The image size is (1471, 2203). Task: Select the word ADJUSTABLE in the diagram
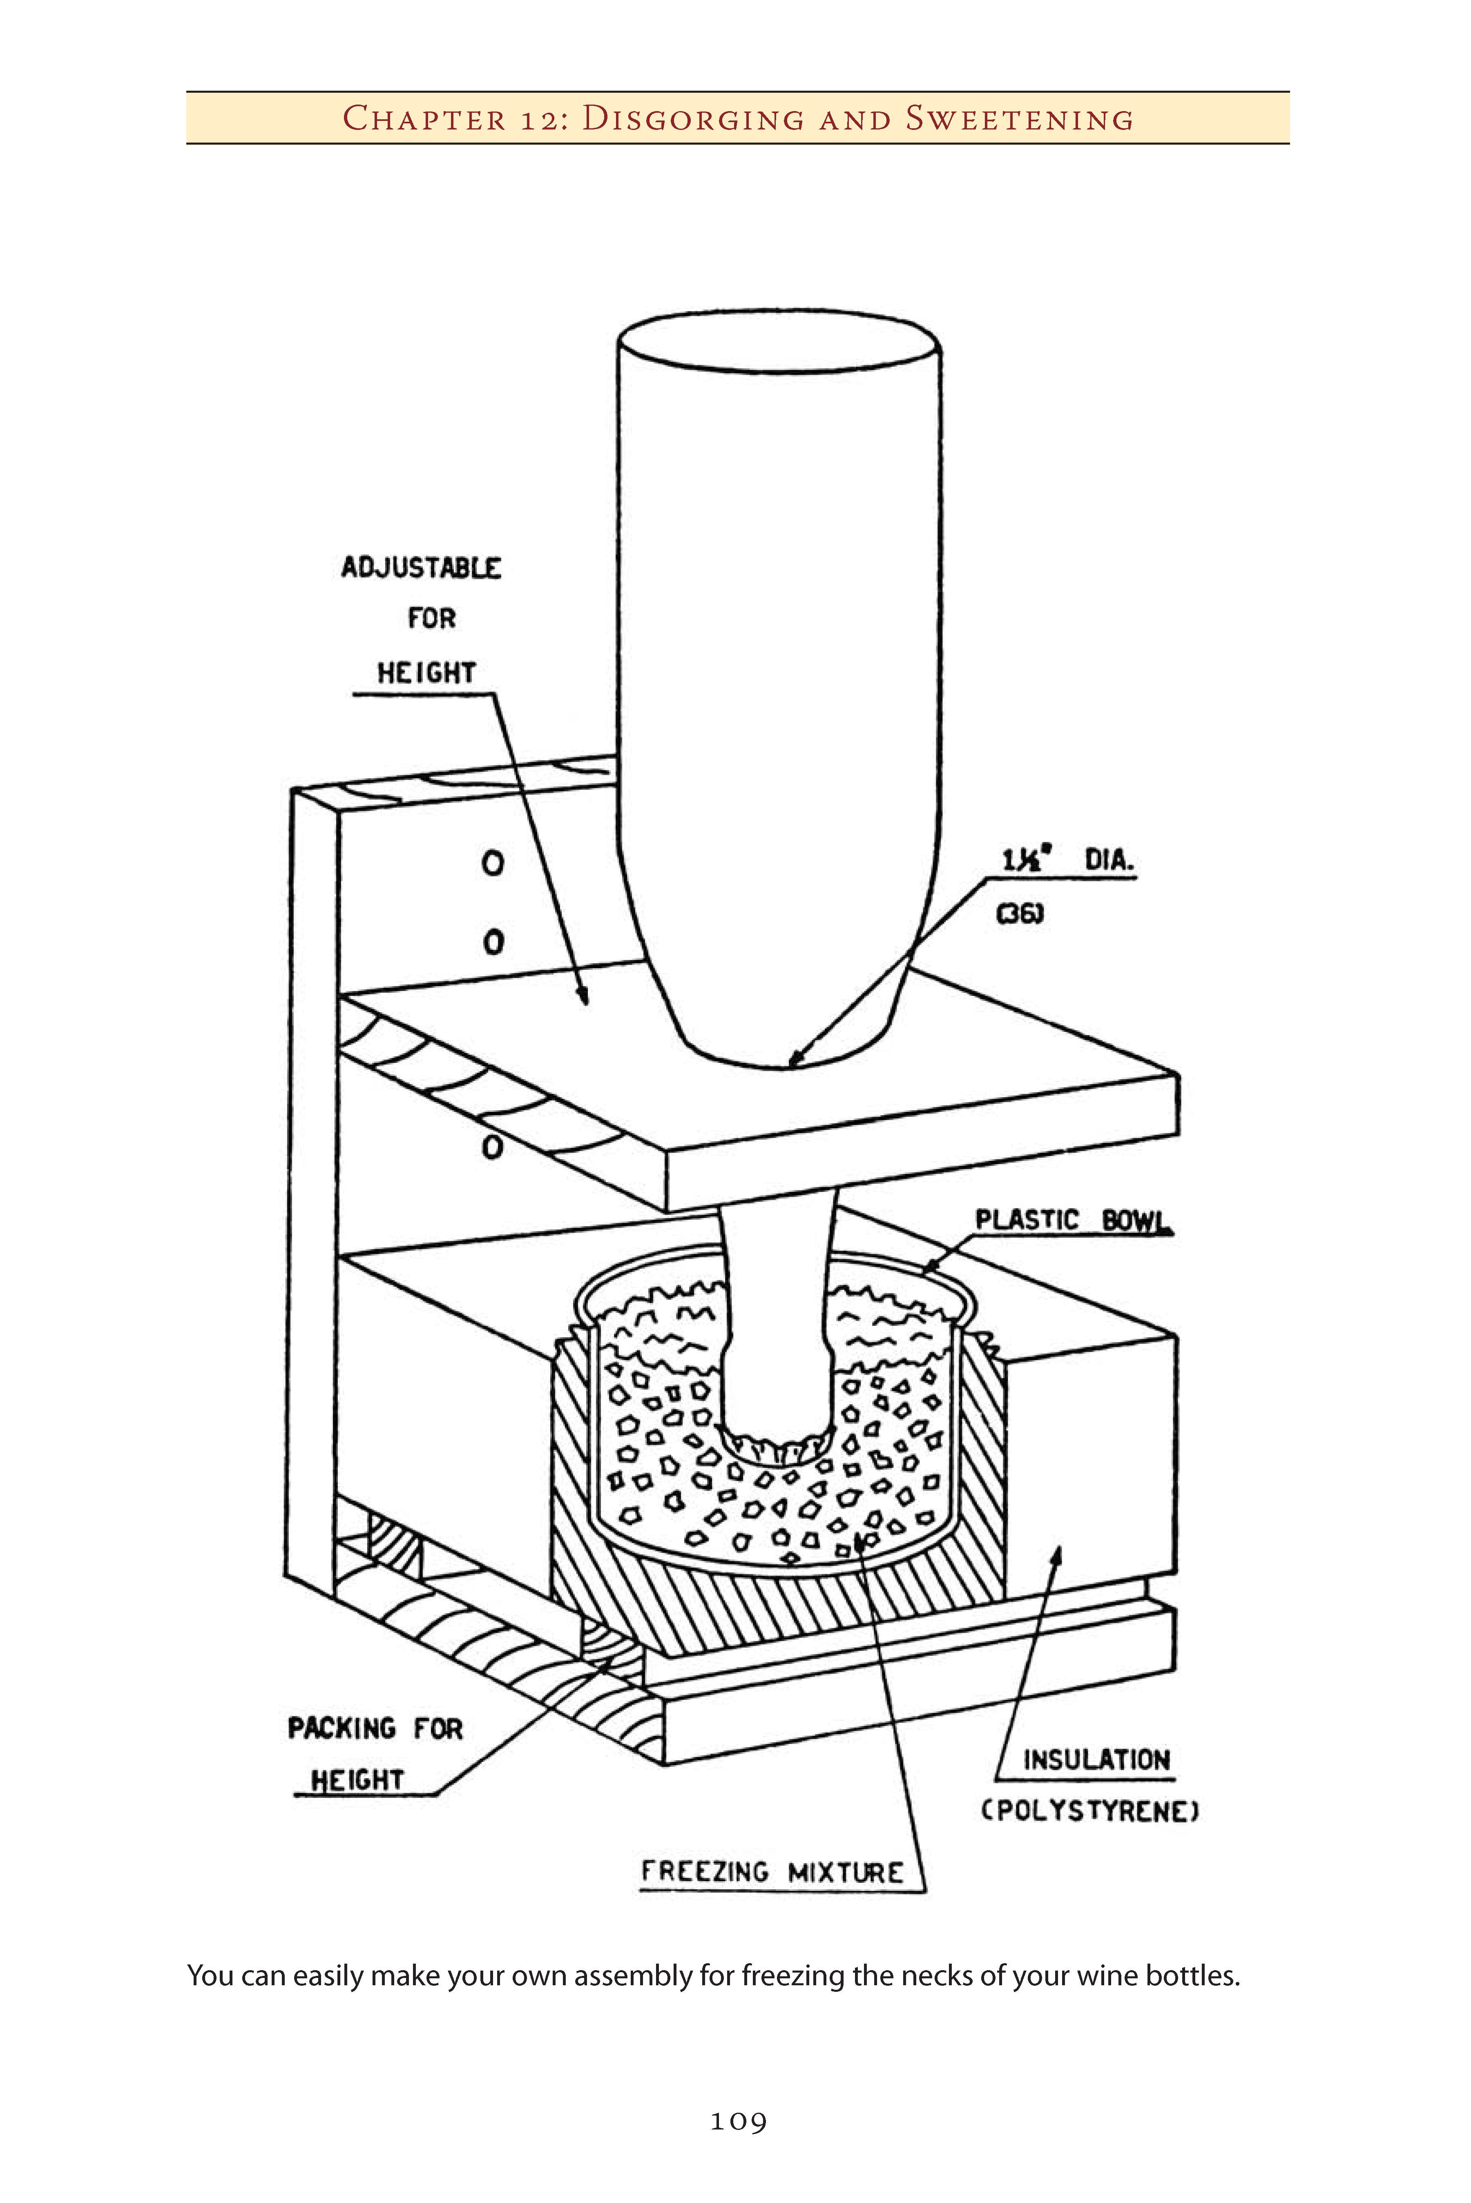pos(421,568)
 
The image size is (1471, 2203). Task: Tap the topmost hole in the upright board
pos(493,863)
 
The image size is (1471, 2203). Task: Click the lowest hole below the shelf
pos(493,1147)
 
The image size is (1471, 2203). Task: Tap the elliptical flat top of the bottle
pos(779,342)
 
